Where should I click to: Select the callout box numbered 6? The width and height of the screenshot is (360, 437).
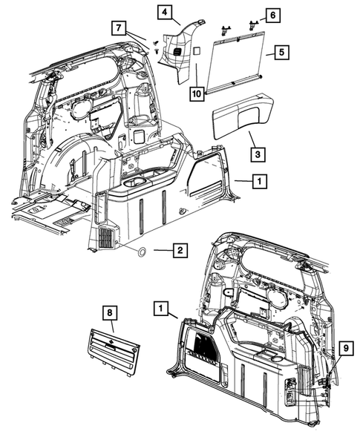pyautogui.click(x=272, y=15)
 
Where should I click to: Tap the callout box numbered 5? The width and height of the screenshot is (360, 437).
pyautogui.click(x=280, y=53)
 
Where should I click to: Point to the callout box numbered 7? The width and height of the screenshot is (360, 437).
pyautogui.click(x=120, y=29)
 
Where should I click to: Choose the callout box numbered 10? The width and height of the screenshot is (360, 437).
pyautogui.click(x=196, y=93)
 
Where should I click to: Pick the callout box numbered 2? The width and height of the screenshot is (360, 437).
pyautogui.click(x=179, y=252)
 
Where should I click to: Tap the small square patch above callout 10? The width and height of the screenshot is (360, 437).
pyautogui.click(x=198, y=50)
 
